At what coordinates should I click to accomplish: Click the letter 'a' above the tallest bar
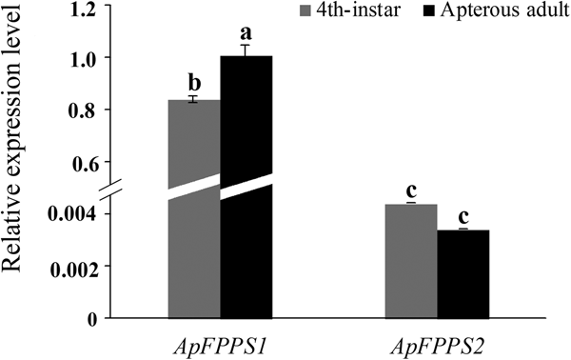click(246, 32)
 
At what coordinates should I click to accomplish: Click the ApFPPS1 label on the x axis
click(220, 341)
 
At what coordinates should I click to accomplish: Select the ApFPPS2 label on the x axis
click(437, 341)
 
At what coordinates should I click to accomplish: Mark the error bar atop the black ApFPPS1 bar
click(246, 50)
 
